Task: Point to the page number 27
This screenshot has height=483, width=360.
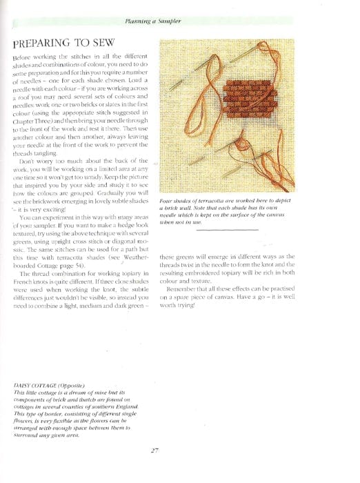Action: point(154,451)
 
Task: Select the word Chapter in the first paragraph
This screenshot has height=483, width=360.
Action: point(28,119)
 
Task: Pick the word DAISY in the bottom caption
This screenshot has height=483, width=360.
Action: point(23,384)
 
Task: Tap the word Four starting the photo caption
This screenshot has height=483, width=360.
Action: point(166,200)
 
